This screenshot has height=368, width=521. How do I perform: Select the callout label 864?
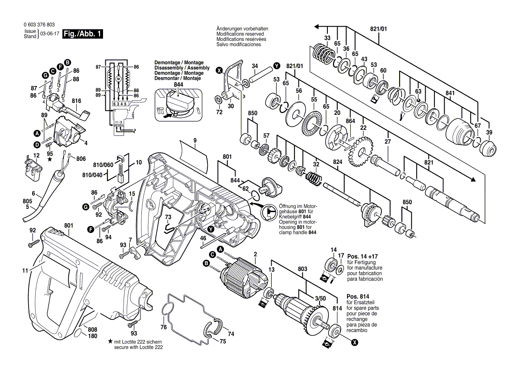click(351, 121)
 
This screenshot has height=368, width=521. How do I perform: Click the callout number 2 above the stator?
click(255, 254)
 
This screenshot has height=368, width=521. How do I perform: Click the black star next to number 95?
click(50, 159)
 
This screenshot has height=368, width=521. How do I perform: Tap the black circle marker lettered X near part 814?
click(355, 342)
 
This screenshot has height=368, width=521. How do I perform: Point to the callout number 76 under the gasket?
click(163, 327)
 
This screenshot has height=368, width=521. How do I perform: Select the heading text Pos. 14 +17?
click(362, 257)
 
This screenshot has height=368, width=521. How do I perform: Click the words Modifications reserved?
click(240, 34)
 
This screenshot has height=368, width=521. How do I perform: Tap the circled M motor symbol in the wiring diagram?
click(119, 79)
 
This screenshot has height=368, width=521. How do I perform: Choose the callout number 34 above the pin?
click(255, 66)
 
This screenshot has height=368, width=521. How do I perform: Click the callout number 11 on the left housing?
click(25, 270)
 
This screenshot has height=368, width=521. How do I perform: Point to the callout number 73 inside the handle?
click(168, 217)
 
